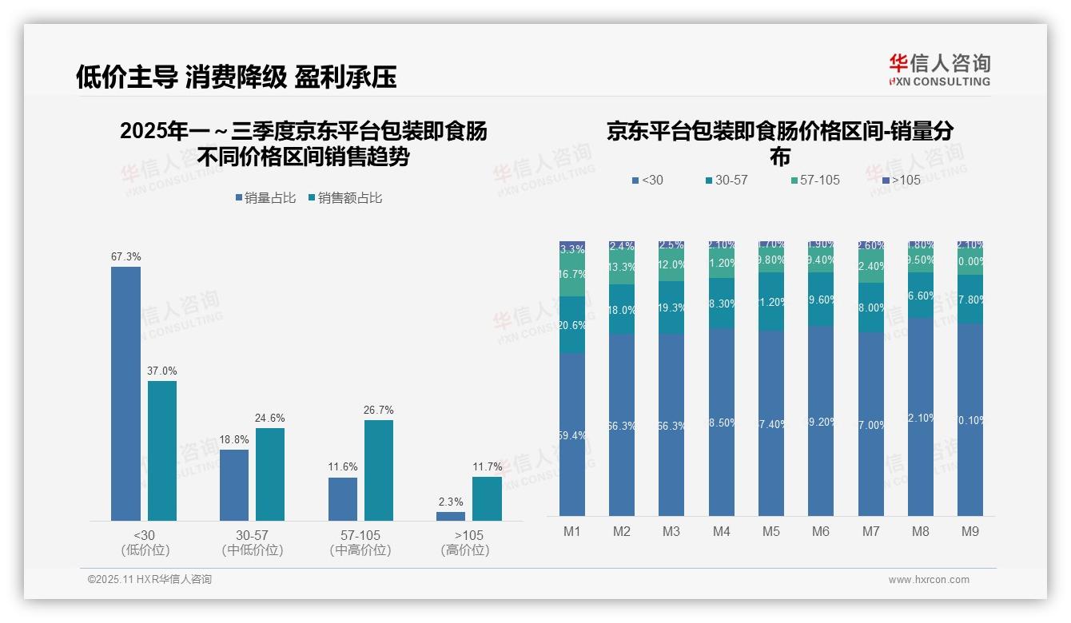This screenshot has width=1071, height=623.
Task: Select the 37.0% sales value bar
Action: tap(162, 450)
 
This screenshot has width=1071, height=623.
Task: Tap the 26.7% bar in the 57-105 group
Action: tap(379, 470)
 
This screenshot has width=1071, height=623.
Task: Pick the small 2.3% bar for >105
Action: tap(451, 516)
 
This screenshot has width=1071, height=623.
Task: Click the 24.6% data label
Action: tap(270, 418)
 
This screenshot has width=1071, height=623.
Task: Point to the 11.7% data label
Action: tap(488, 466)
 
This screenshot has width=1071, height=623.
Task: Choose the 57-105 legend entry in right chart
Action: tap(814, 180)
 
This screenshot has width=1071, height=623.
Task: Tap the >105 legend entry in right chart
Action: tap(901, 180)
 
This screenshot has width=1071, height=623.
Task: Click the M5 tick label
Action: tap(771, 531)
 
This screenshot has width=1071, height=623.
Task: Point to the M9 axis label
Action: tap(969, 531)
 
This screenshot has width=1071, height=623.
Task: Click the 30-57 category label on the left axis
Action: tap(253, 535)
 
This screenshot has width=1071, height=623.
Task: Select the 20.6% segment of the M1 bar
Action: tap(572, 325)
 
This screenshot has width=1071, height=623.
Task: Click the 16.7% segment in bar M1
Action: tap(572, 275)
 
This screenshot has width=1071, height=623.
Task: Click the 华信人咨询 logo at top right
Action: tap(939, 69)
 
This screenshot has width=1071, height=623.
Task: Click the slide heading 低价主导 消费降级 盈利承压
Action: tap(236, 77)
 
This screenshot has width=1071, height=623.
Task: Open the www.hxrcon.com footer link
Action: tap(929, 580)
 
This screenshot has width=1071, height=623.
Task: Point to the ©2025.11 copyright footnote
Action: tap(149, 580)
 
